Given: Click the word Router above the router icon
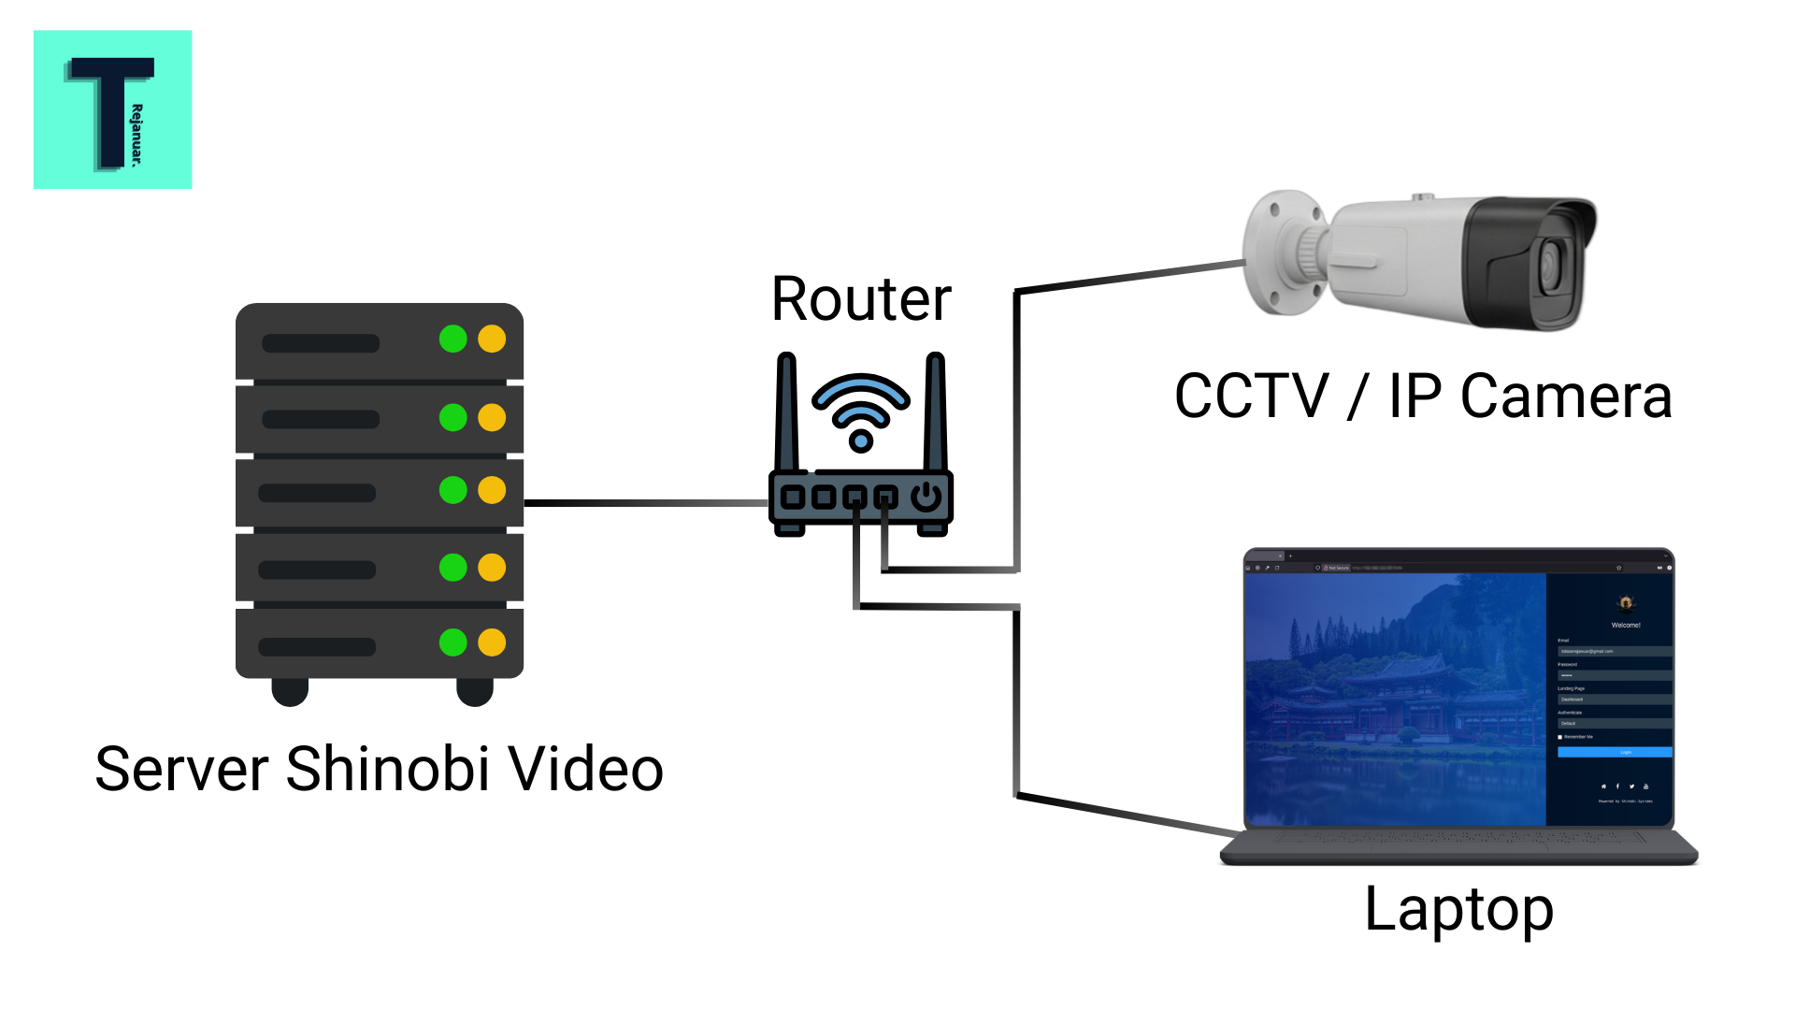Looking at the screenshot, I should [x=861, y=300].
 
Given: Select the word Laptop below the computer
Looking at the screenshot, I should [x=1458, y=909].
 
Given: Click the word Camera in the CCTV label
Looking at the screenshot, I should [x=1566, y=397].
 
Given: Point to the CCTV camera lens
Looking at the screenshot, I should [x=1552, y=265].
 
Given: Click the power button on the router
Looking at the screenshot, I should [x=926, y=497].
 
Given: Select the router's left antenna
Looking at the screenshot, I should [x=787, y=411].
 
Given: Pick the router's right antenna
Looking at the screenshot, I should [x=936, y=411].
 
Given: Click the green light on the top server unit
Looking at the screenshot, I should [x=453, y=339].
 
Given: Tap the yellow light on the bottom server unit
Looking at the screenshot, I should [x=492, y=642].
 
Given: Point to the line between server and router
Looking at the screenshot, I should [x=645, y=503].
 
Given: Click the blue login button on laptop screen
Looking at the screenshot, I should [x=1615, y=752].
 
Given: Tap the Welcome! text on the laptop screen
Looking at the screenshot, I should [x=1626, y=625].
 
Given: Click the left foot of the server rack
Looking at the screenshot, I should [x=290, y=692].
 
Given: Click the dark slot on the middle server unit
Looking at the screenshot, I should [x=317, y=493].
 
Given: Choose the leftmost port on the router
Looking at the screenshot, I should [x=793, y=497].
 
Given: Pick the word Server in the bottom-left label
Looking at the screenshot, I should [x=183, y=770].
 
